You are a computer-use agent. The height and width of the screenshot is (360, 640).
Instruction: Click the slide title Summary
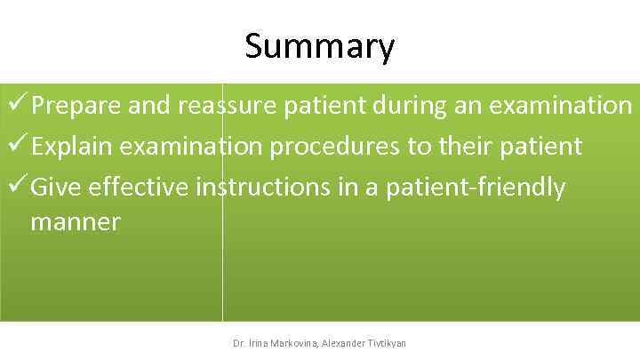tap(320, 46)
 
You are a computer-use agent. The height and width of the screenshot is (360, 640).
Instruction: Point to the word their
tap(470, 147)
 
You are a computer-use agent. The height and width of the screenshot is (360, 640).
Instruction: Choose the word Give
tap(56, 188)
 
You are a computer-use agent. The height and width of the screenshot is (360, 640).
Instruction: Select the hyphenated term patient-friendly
tap(476, 188)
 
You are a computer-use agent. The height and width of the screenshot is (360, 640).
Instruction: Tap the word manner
tap(76, 222)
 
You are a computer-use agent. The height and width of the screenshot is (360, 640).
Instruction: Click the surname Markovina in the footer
tap(292, 343)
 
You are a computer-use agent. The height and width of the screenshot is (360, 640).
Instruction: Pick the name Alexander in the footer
tap(348, 343)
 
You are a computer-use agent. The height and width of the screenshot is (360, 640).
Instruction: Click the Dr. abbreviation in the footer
tap(238, 343)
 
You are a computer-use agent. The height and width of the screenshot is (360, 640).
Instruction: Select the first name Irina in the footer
tap(259, 343)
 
